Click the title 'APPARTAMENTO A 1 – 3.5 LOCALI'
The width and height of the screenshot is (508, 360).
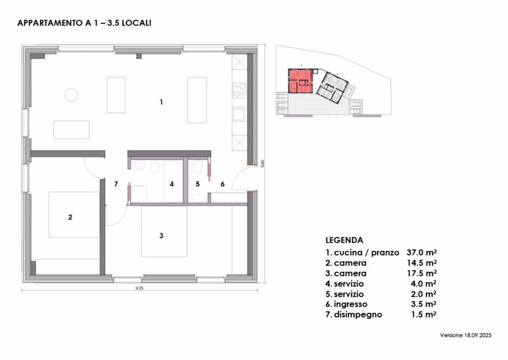click(84, 23)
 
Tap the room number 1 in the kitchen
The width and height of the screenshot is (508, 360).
click(162, 102)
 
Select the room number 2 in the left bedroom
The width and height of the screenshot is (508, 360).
click(70, 217)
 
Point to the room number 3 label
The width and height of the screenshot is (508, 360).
click(162, 236)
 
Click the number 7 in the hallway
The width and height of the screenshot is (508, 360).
click(116, 184)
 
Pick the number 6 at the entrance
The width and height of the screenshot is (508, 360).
click(223, 184)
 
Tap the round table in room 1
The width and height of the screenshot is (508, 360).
click(71, 95)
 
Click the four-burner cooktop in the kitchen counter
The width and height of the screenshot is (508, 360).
click(239, 90)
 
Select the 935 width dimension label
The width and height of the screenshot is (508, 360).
click(139, 288)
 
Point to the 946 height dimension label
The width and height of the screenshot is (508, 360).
click(263, 163)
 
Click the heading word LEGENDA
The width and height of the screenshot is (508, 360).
click(344, 240)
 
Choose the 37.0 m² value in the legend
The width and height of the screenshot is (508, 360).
click(422, 252)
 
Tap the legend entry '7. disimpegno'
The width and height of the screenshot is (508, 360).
click(354, 315)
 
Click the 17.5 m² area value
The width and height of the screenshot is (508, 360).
click(422, 273)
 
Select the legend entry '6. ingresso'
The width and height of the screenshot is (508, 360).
click(346, 304)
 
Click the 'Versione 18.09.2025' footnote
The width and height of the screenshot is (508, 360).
click(465, 336)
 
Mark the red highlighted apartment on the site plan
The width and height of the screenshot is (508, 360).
click(300, 81)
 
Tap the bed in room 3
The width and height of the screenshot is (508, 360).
click(164, 232)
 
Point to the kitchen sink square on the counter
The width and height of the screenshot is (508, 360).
click(239, 115)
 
